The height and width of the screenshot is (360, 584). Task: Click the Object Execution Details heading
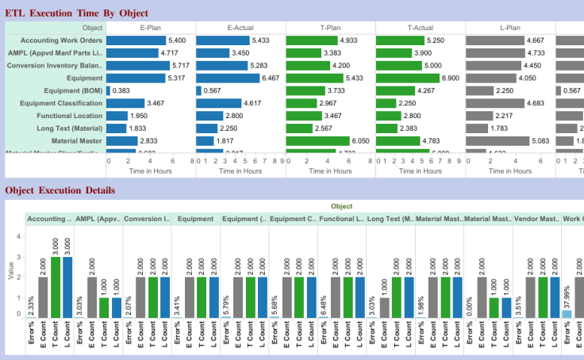(x=60, y=190)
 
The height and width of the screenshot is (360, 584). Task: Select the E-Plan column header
(x=151, y=28)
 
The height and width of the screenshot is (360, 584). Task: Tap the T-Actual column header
(x=421, y=28)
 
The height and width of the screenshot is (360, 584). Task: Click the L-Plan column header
(x=510, y=28)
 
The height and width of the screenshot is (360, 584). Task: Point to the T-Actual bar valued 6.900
(x=407, y=78)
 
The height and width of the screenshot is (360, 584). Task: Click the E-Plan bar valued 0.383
(x=108, y=90)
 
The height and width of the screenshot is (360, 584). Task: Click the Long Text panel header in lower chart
(x=390, y=219)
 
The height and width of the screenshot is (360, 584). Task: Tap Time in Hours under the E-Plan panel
(x=151, y=170)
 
